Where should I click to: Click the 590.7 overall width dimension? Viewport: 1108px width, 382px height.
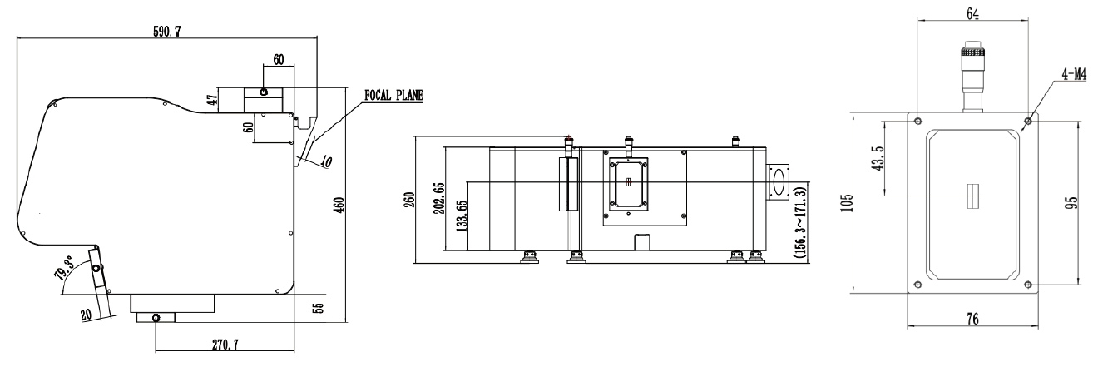tap(166, 32)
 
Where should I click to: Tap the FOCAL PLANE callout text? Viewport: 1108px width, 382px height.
tap(393, 95)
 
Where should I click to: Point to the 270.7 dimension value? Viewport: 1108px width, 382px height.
tap(225, 345)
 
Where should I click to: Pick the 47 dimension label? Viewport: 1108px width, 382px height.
tap(213, 100)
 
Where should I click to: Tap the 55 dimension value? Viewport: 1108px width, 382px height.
tap(319, 308)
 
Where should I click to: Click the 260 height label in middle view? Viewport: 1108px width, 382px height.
tap(410, 200)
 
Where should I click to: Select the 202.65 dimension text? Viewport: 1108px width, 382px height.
tap(438, 198)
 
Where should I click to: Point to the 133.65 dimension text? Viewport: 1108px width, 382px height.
tap(461, 216)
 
